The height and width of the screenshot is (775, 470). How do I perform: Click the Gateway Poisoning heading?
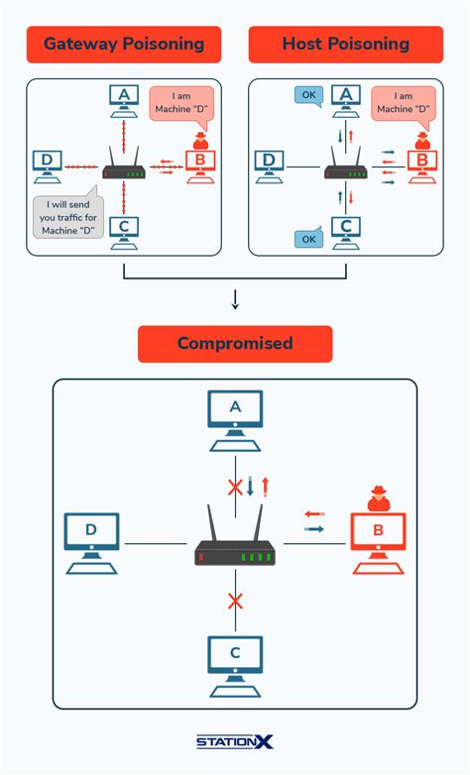(124, 44)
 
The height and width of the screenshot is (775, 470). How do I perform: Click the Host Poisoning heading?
(345, 44)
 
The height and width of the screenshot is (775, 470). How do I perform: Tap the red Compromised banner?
(235, 343)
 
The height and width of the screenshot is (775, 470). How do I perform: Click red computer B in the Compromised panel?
(377, 541)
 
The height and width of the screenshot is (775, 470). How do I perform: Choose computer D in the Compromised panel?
(91, 541)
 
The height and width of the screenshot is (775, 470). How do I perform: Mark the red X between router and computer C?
(235, 601)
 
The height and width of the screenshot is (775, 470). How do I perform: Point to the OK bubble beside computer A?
(308, 96)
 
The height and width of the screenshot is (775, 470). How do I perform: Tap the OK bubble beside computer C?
(308, 239)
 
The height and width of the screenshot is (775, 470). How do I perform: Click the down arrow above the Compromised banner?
(235, 299)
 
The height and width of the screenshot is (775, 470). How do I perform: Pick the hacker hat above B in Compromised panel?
(377, 498)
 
